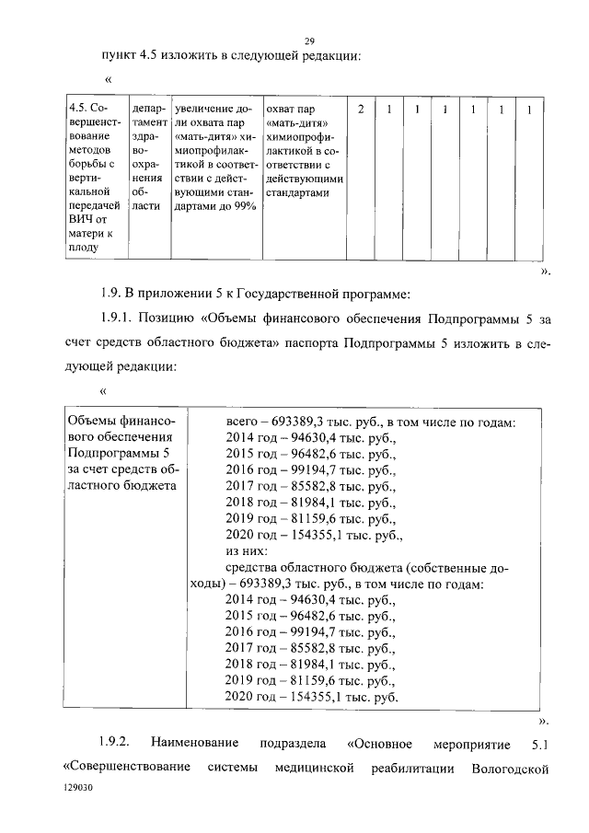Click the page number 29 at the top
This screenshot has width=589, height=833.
pos(310,40)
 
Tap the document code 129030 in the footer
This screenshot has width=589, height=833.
pos(78,789)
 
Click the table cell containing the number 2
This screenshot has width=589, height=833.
pos(362,110)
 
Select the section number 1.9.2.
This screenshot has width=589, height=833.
pos(116,742)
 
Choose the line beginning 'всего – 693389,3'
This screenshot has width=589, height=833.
pos(370,422)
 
